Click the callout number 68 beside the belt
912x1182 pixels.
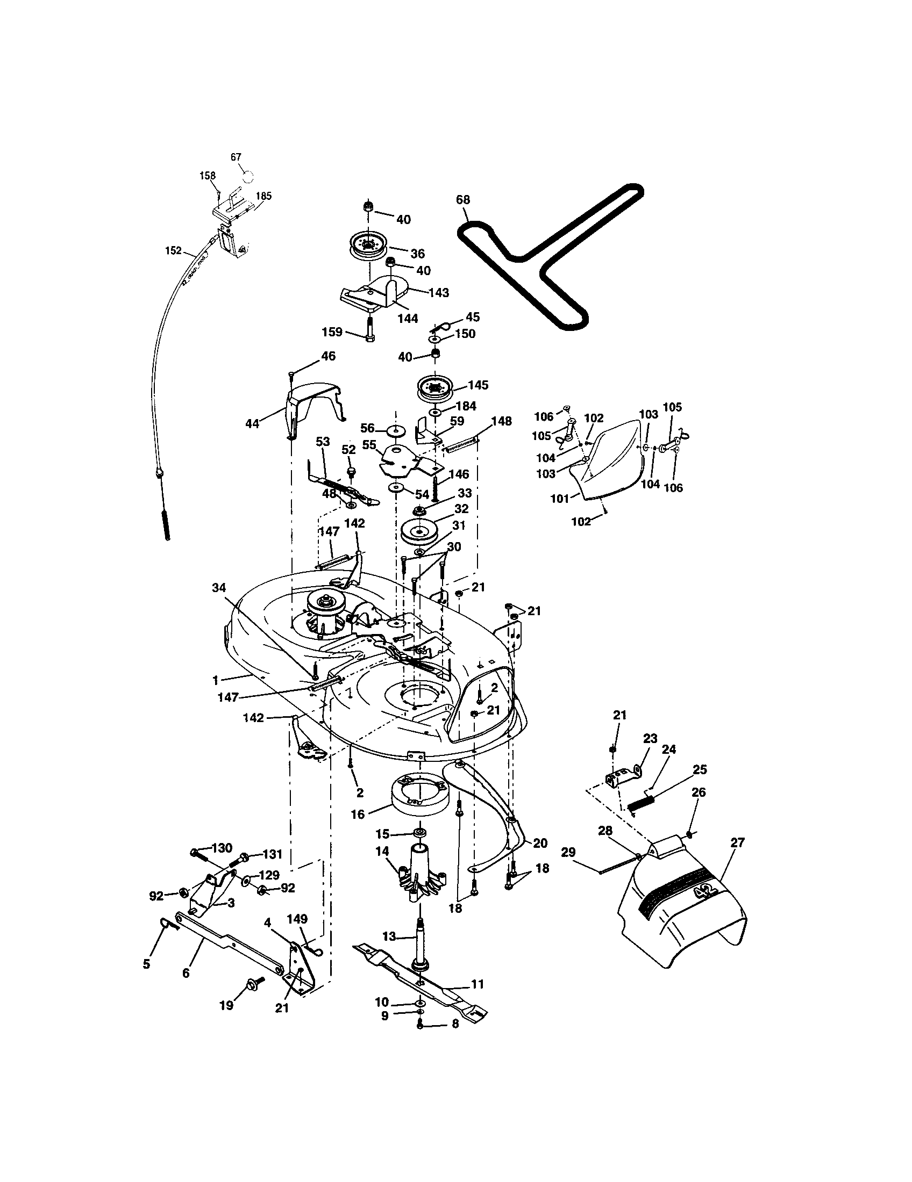[x=463, y=200]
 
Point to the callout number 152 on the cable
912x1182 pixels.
[x=173, y=250]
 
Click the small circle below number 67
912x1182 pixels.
[x=247, y=176]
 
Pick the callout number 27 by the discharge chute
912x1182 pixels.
[x=737, y=842]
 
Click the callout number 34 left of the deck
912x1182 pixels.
[x=219, y=588]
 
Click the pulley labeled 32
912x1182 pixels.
[x=419, y=530]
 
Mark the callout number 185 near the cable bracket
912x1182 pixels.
[x=263, y=196]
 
